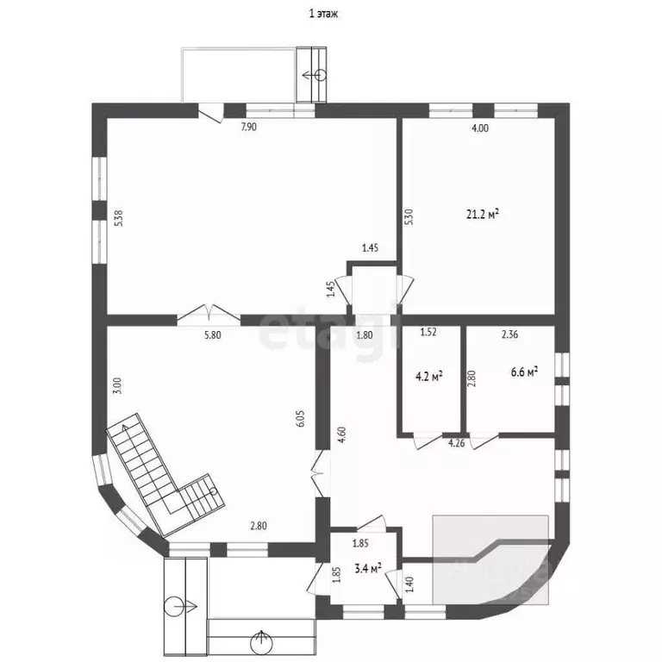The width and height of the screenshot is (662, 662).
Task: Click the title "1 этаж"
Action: click(323, 14)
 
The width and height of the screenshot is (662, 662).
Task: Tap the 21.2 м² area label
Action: click(483, 214)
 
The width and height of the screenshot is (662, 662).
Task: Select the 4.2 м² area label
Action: click(429, 376)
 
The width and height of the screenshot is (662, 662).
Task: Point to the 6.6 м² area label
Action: click(524, 372)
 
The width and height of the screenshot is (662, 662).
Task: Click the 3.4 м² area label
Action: click(368, 568)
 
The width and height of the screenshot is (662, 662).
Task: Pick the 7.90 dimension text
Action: click(248, 127)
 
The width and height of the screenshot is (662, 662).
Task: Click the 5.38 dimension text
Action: click(119, 219)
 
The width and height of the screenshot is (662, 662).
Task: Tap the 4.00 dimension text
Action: click(480, 128)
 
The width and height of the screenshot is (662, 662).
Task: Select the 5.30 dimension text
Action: click(409, 217)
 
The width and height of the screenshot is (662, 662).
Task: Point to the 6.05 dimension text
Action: click(300, 419)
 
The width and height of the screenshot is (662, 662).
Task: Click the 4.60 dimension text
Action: click(341, 434)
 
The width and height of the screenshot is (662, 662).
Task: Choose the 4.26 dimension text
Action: click(456, 443)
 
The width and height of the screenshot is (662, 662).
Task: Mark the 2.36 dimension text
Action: click(509, 334)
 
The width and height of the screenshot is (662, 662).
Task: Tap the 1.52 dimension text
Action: click(428, 332)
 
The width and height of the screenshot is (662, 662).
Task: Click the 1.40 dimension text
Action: click(409, 584)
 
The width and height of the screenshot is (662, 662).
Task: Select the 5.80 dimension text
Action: click(212, 335)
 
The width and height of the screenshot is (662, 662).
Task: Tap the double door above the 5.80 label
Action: click(209, 315)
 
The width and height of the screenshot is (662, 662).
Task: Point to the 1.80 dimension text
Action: click(365, 335)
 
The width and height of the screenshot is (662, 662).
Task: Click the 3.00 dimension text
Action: click(117, 385)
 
